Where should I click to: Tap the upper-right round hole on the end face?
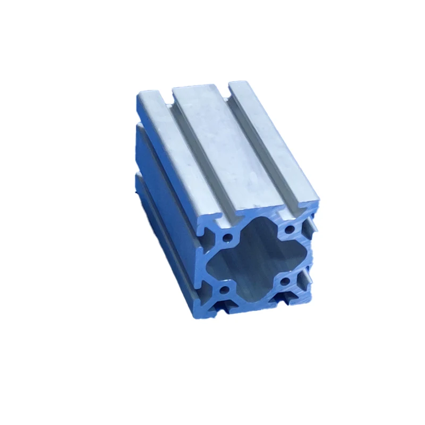click(x=290, y=229)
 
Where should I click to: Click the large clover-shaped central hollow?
click(x=255, y=260)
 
